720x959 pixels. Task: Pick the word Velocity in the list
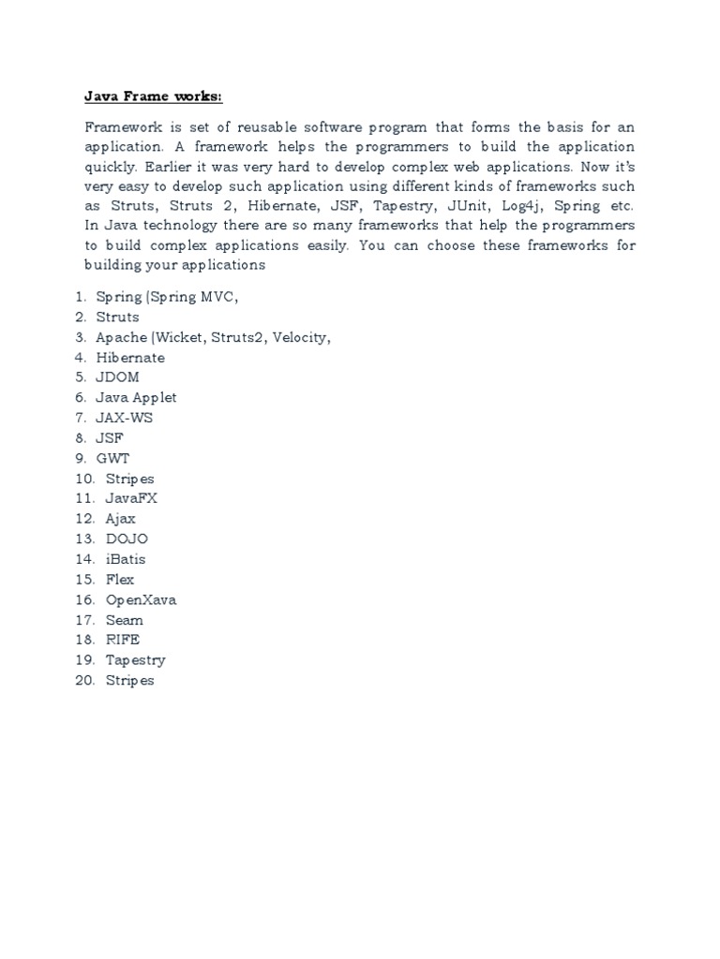click(x=301, y=337)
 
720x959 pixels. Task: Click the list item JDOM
click(x=117, y=377)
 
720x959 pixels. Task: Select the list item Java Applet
click(x=136, y=397)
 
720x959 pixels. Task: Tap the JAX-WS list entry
click(x=124, y=418)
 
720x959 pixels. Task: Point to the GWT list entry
click(x=112, y=458)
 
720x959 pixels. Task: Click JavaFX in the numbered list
click(x=131, y=498)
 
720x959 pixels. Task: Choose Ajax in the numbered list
click(x=121, y=519)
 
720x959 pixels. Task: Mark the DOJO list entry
click(x=127, y=539)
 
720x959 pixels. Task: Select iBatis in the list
click(x=126, y=559)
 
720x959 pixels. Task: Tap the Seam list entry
click(x=124, y=620)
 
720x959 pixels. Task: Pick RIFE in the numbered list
click(x=122, y=640)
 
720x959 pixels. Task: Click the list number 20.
click(x=84, y=681)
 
